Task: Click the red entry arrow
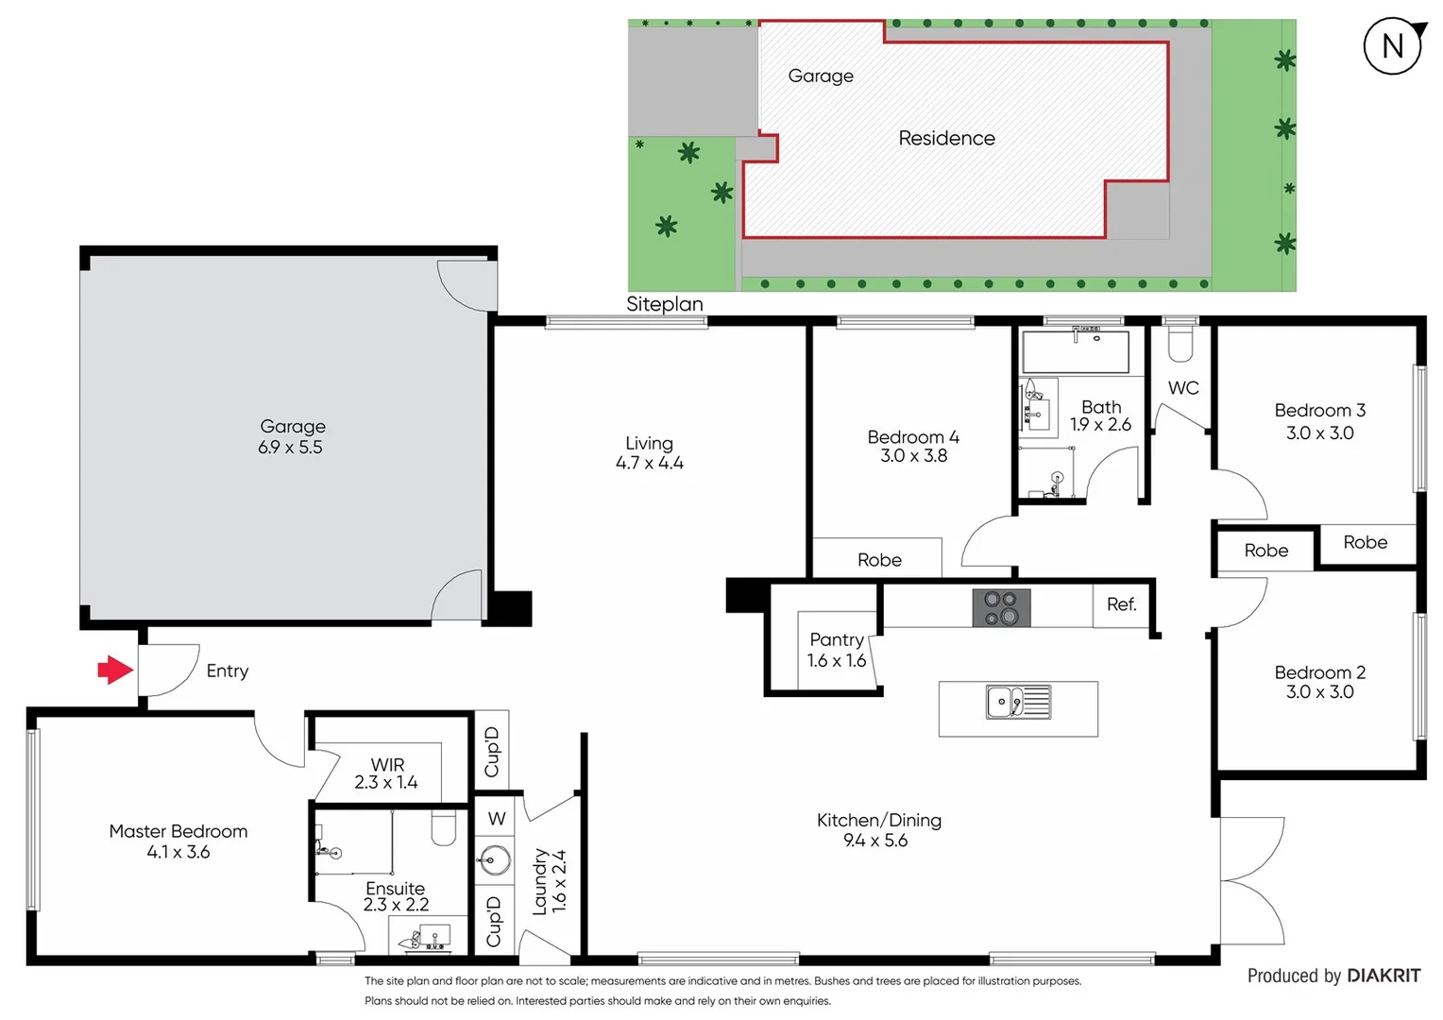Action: (115, 670)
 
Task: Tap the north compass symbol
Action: (1393, 46)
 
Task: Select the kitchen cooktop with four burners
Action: (1001, 607)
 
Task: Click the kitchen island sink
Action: (1017, 702)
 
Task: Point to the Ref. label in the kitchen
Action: (1121, 604)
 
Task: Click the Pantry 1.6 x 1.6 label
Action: (836, 651)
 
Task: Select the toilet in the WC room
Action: (1180, 344)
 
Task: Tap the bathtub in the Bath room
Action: (1075, 351)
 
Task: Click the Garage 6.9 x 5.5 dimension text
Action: (291, 448)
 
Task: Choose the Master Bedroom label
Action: (178, 831)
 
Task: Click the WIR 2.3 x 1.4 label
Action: (386, 773)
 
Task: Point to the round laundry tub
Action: (495, 859)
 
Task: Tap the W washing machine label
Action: (497, 819)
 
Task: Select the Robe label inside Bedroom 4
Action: (879, 560)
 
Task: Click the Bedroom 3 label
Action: (1319, 411)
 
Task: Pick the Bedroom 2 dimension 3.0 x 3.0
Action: (1319, 692)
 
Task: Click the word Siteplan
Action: (664, 304)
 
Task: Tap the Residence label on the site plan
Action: (946, 139)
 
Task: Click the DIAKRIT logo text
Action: (1383, 976)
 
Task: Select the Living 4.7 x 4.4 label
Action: (649, 453)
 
